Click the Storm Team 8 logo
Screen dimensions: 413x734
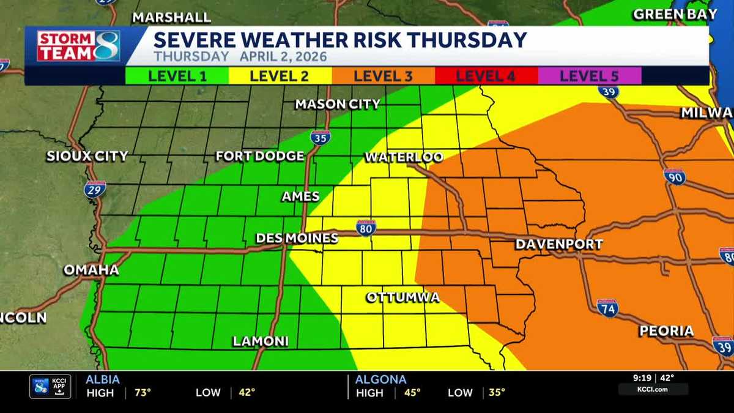click(78, 46)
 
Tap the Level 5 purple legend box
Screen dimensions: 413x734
click(589, 76)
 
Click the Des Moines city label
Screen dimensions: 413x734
click(297, 238)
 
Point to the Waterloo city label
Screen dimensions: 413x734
click(404, 157)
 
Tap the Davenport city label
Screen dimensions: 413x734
click(559, 244)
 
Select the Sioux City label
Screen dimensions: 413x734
click(87, 156)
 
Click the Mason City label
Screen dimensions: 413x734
click(338, 104)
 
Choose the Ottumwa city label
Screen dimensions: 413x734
click(402, 297)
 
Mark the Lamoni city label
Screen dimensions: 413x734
click(260, 341)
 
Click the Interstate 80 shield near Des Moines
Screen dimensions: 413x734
click(366, 228)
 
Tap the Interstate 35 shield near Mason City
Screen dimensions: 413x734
click(320, 137)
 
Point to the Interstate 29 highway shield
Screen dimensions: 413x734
click(95, 189)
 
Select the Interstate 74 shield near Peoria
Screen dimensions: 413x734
click(607, 308)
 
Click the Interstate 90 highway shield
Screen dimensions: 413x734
click(674, 176)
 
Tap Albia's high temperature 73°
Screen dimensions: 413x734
click(143, 393)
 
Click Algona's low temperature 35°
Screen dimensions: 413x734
click(497, 393)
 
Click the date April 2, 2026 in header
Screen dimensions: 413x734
click(283, 57)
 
